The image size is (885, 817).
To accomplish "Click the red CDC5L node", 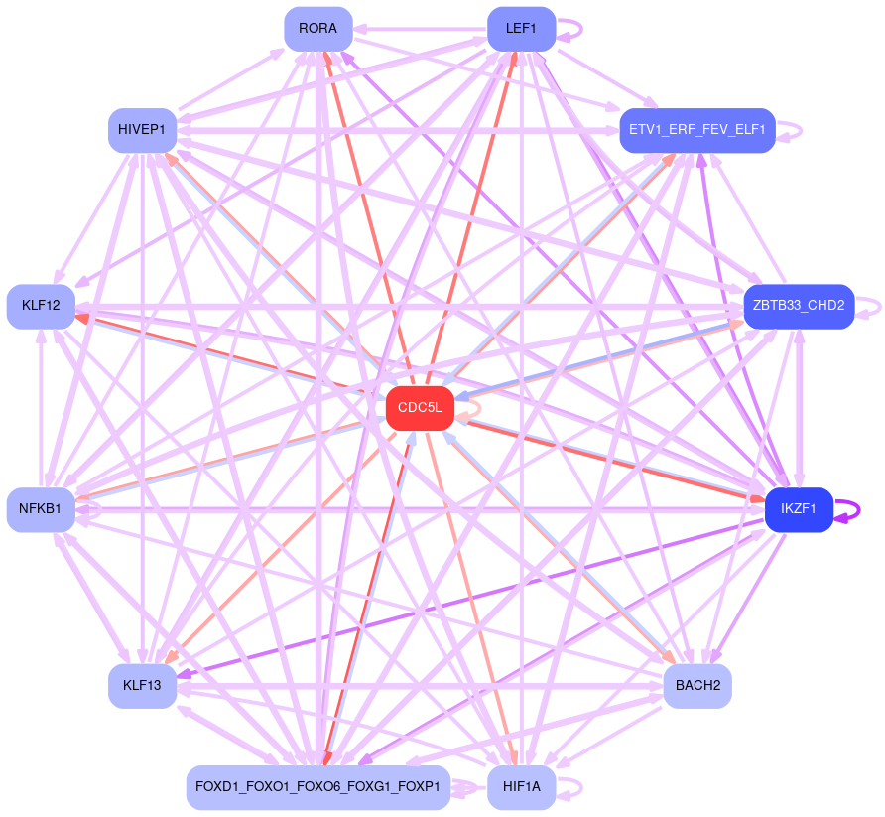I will [x=420, y=408].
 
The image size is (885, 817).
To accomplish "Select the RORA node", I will [x=317, y=29].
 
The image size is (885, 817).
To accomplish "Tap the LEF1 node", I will [x=521, y=29].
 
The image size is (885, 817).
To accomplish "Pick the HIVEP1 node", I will [x=142, y=130].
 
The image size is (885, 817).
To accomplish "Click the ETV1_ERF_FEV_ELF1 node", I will [x=696, y=130].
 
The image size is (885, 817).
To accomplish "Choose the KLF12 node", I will [x=41, y=306].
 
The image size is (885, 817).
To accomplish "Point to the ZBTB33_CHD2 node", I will [x=799, y=306].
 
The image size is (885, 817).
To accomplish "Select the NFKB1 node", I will [x=41, y=509].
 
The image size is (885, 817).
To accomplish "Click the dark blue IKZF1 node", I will [x=798, y=509].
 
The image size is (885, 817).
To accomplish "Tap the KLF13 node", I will [x=142, y=686].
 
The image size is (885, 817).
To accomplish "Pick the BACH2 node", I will [x=696, y=686].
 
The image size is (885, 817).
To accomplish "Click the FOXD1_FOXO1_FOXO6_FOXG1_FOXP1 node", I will [x=317, y=787].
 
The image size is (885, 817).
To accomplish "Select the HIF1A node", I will [x=521, y=787].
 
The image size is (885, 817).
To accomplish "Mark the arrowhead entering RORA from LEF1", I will [x=360, y=30].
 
